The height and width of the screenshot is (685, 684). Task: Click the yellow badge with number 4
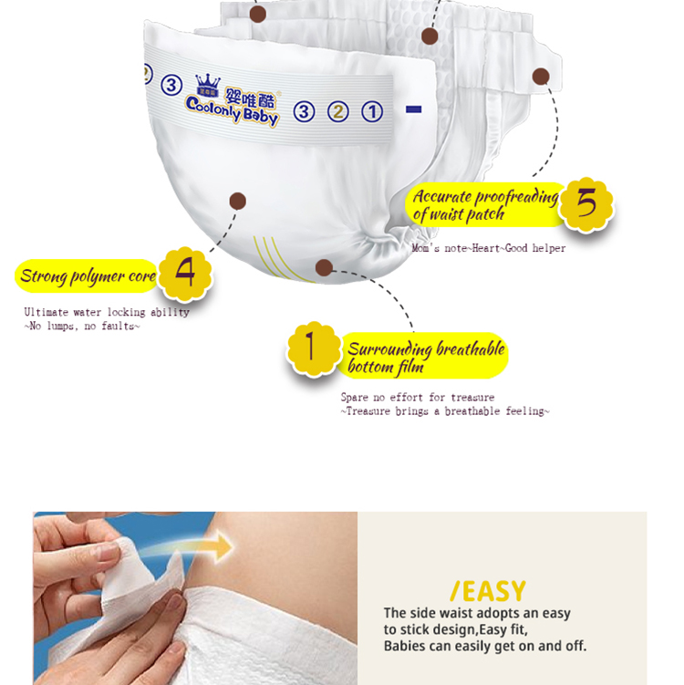pyautogui.click(x=185, y=274)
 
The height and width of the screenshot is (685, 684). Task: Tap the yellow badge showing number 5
pyautogui.click(x=586, y=204)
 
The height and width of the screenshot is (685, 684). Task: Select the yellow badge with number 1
pyautogui.click(x=313, y=348)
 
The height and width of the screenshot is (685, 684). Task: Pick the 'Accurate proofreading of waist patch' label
pyautogui.click(x=486, y=204)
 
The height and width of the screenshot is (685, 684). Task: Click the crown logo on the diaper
pyautogui.click(x=208, y=85)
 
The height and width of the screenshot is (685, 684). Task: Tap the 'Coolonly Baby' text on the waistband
pyautogui.click(x=232, y=111)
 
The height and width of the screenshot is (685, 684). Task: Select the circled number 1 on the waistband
pyautogui.click(x=372, y=112)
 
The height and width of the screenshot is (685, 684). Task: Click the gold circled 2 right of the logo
pyautogui.click(x=338, y=112)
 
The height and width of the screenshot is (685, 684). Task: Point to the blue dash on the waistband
pyautogui.click(x=414, y=109)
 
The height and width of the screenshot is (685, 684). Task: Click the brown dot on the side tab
pyautogui.click(x=541, y=77)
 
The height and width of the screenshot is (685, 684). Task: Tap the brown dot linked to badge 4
pyautogui.click(x=238, y=201)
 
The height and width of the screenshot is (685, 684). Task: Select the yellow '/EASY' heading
pyautogui.click(x=488, y=592)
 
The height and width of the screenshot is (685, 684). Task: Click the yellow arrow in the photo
pyautogui.click(x=192, y=548)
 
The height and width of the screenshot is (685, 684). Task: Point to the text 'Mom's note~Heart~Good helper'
pyautogui.click(x=488, y=248)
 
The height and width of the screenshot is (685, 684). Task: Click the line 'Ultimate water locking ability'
pyautogui.click(x=107, y=312)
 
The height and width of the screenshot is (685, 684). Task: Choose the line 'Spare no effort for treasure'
pyautogui.click(x=418, y=397)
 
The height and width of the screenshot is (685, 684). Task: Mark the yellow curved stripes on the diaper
pyautogui.click(x=280, y=259)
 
